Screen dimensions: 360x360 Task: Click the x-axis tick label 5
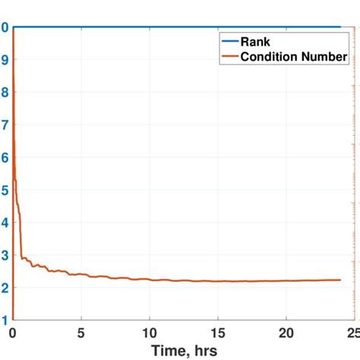(x=81, y=333)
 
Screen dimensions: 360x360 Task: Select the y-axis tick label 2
(x=5, y=288)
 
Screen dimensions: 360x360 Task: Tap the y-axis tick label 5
(x=5, y=190)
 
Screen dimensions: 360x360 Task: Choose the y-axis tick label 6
(x=5, y=157)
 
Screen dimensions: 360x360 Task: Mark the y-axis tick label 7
(x=5, y=125)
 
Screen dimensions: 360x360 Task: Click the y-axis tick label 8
(x=5, y=92)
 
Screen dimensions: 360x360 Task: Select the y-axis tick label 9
(x=5, y=59)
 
